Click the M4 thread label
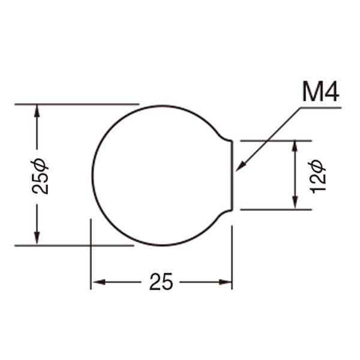[x=320, y=91]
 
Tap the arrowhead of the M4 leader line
[x=241, y=166]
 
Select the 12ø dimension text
[x=317, y=176]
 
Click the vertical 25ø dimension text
[x=40, y=176]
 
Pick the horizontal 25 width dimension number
[x=161, y=281]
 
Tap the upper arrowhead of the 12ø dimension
[x=295, y=147]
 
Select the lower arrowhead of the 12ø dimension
[x=295, y=203]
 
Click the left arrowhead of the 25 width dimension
[x=98, y=282]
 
